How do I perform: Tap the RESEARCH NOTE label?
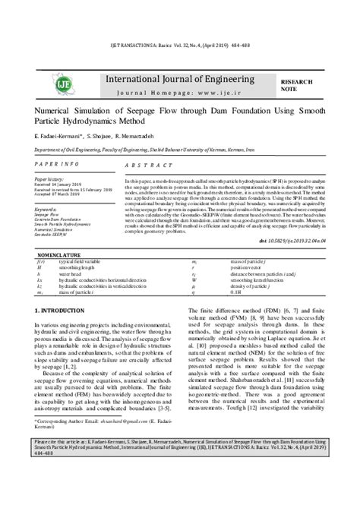tap(297, 84)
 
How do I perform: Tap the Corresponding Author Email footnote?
tap(99, 462)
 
